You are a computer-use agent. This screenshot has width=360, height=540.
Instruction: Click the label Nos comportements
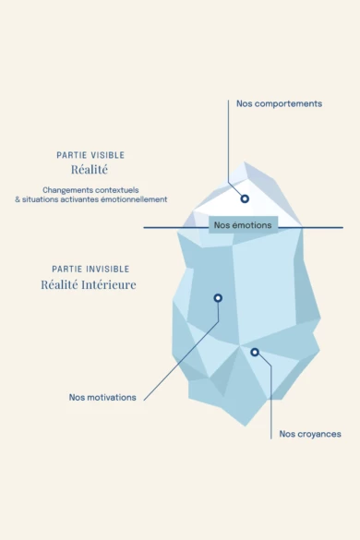coord(279,103)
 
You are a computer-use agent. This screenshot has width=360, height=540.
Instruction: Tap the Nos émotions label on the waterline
coord(242,224)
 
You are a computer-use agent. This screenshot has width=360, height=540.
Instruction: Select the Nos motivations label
coord(102,398)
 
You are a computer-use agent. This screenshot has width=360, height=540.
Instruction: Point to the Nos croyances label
coord(310,434)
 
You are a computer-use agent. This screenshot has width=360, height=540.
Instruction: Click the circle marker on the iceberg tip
coord(245,198)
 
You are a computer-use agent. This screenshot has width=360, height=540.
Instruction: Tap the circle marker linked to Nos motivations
coord(218,298)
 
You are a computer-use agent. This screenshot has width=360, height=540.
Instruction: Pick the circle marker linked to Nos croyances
coord(255,352)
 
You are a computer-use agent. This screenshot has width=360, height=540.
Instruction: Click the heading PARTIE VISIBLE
coord(90,155)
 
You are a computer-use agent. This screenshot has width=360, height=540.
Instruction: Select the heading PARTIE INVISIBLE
coord(90,269)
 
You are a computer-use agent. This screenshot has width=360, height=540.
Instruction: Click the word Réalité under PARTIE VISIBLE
coord(90,171)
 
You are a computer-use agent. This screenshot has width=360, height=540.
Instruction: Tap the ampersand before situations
coord(18,199)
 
